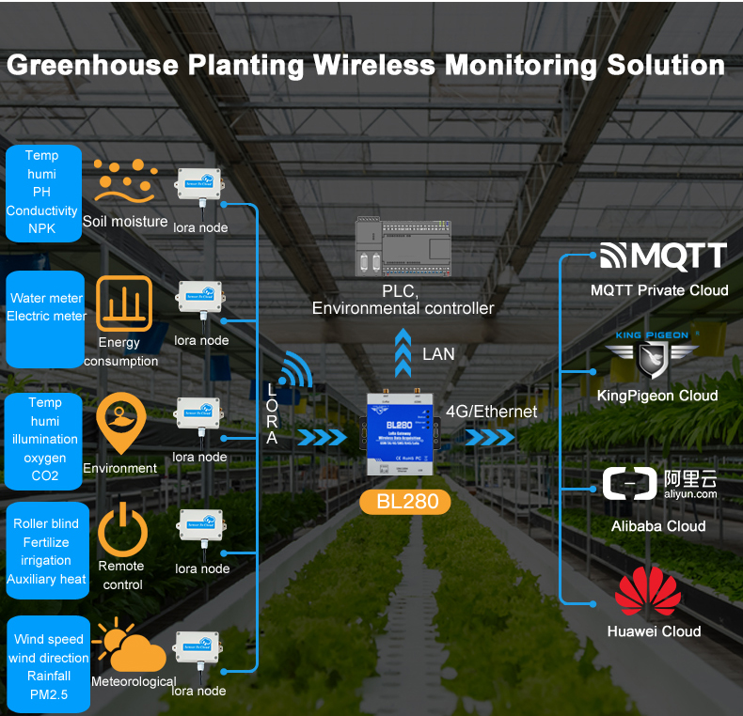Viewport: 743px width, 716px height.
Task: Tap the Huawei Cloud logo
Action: (647, 592)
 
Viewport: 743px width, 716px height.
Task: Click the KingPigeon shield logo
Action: (653, 359)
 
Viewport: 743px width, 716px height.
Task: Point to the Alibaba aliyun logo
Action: (659, 484)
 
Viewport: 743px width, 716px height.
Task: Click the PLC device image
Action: (403, 248)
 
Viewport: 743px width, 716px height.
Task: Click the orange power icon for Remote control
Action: (122, 529)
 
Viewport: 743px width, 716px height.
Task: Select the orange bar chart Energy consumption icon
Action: (123, 304)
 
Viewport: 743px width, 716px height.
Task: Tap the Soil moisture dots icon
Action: (124, 181)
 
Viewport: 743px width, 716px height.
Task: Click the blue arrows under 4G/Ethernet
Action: (489, 438)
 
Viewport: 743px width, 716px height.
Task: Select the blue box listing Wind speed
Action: (48, 665)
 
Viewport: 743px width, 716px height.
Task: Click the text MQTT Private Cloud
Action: (659, 290)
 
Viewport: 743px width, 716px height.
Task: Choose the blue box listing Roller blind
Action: (46, 551)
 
